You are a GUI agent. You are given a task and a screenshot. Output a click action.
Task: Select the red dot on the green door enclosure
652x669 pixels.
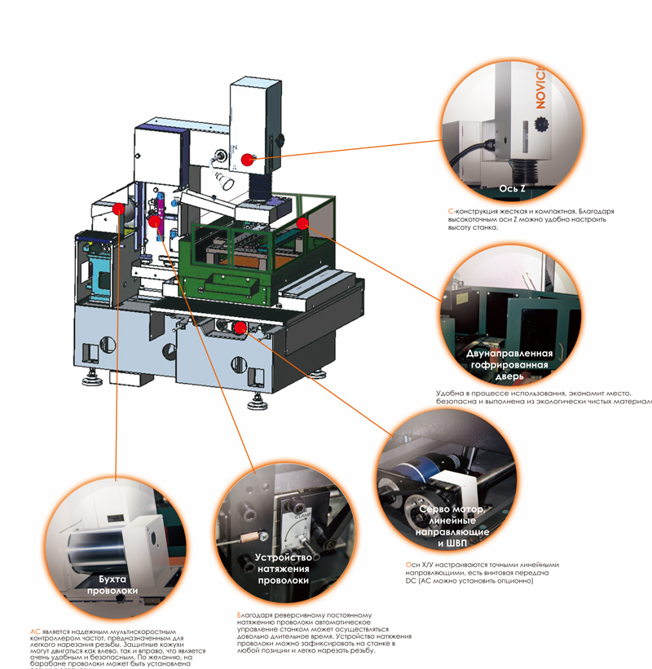[x=302, y=222]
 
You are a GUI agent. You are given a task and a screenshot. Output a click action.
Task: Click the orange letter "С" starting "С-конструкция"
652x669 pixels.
[x=451, y=211]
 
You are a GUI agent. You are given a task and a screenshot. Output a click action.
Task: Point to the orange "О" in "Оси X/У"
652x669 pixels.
[x=408, y=565]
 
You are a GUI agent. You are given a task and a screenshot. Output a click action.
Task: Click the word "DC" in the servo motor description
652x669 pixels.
[x=412, y=581]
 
